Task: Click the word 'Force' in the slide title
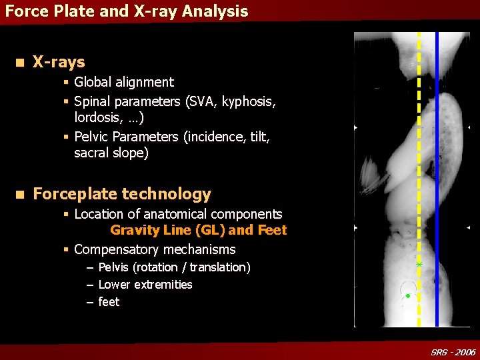coord(23,11)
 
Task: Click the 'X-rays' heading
coord(59,62)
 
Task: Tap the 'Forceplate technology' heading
coord(121,194)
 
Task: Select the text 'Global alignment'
coord(123,82)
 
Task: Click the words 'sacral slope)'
coord(111,153)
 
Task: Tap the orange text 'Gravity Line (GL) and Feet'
coord(198,230)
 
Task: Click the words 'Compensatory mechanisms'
coord(155,249)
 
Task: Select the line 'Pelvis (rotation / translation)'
coord(174,267)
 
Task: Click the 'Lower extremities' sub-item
coord(145,285)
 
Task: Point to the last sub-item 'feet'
coord(109,302)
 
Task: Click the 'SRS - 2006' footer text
coord(453,352)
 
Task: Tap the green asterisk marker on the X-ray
coord(419,265)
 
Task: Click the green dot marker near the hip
coord(407,295)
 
